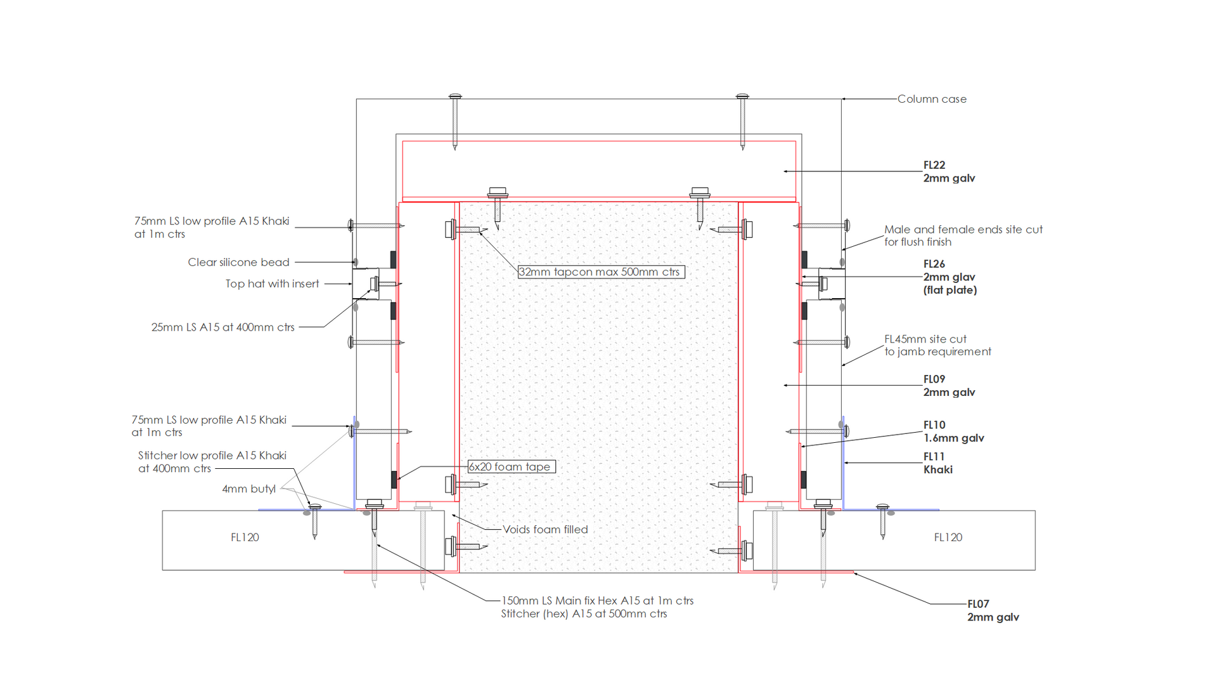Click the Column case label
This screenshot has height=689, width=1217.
pos(931,99)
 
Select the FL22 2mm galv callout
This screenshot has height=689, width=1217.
pos(948,171)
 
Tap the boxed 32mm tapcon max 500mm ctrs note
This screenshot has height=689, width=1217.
pos(600,272)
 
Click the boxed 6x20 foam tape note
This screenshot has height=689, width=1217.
pos(511,467)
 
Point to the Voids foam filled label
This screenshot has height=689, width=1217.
pos(545,530)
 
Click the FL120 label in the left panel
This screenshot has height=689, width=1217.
pos(245,537)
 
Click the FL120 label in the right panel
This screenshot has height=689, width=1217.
pos(948,537)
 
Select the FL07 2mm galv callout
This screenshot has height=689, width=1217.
pos(992,610)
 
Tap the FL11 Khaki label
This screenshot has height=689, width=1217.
pos(937,463)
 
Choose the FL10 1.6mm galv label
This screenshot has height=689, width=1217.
pos(953,431)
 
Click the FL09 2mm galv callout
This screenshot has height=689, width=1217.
pos(948,386)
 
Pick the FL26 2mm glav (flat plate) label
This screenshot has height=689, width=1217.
pos(950,277)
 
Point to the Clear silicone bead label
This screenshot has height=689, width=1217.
pos(238,262)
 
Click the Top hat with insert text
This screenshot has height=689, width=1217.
pos(272,284)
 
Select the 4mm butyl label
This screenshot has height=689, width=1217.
pos(248,489)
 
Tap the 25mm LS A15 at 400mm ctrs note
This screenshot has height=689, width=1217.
pos(222,327)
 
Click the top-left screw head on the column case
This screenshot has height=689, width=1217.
pos(455,97)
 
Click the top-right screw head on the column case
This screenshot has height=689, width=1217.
pos(742,97)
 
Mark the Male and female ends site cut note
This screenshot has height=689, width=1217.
pos(963,235)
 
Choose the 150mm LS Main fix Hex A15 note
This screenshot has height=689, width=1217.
pos(596,601)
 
